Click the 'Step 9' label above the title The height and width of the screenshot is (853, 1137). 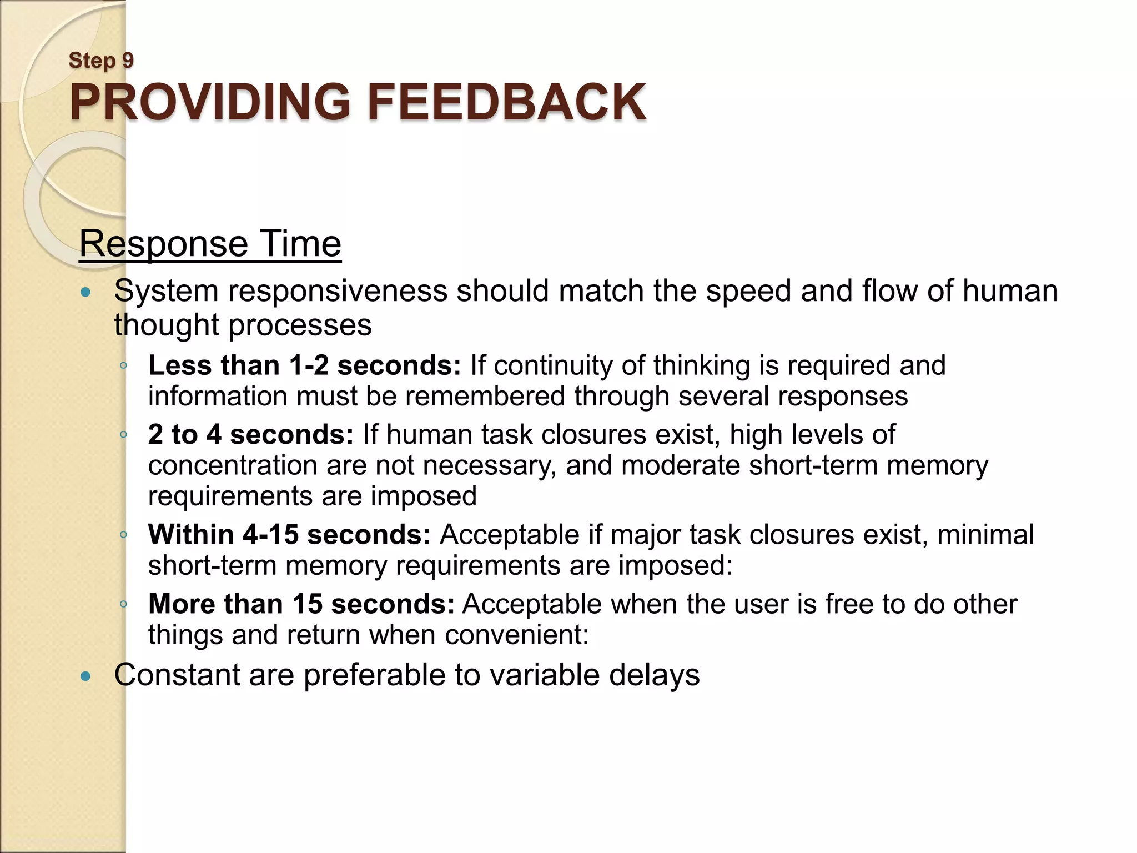coord(101,60)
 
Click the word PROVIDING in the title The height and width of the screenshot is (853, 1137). coord(210,102)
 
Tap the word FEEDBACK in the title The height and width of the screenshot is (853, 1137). coord(506,102)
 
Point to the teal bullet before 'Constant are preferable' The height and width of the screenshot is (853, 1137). coord(85,676)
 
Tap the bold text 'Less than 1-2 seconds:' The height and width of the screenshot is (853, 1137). coord(304,365)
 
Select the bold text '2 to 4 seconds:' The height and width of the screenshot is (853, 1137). coord(250,434)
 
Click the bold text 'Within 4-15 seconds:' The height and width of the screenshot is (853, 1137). coord(289,534)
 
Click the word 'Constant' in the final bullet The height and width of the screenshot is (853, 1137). coord(177,675)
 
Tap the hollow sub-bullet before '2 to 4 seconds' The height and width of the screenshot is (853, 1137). coord(124,434)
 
